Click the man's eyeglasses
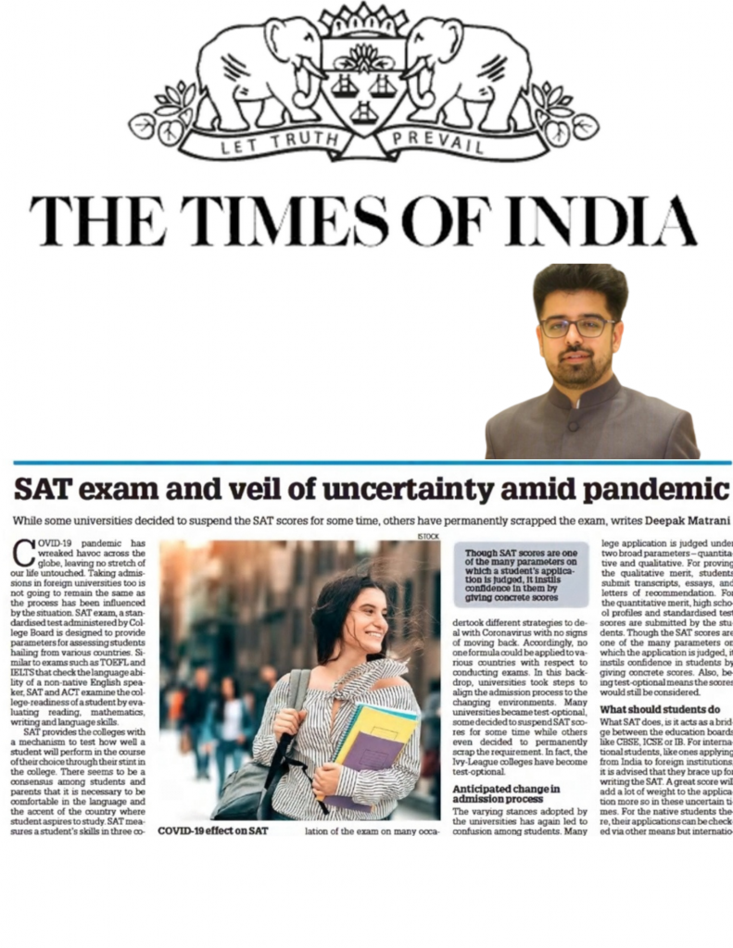577,326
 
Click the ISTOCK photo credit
429,536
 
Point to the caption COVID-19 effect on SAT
212,831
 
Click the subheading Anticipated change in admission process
507,793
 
